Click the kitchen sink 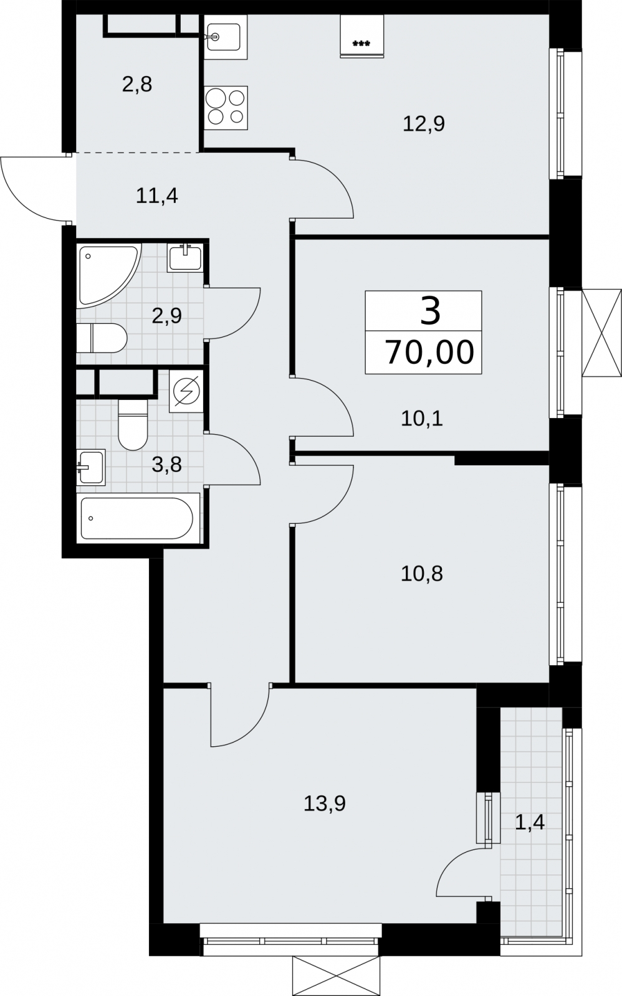[226, 37]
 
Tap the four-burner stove [226, 108]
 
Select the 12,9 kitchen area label [424, 123]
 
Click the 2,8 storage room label [137, 85]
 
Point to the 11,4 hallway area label [156, 196]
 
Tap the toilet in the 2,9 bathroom [102, 338]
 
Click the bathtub [138, 518]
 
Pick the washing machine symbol [186, 391]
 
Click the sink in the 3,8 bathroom [91, 467]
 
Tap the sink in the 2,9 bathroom [186, 257]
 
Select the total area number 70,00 [430, 352]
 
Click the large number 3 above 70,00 [430, 311]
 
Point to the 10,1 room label [422, 419]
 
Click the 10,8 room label [422, 574]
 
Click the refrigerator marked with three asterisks [361, 37]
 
